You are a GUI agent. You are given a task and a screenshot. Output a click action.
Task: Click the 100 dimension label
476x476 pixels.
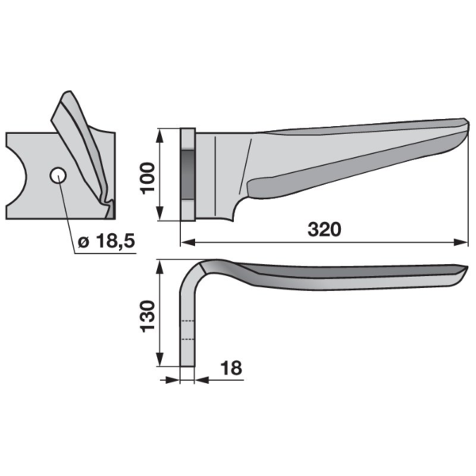pyautogui.click(x=148, y=178)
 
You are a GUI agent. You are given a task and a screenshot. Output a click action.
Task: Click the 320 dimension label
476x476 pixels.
pyautogui.click(x=324, y=229)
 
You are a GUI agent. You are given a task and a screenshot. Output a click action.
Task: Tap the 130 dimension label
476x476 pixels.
pyautogui.click(x=148, y=316)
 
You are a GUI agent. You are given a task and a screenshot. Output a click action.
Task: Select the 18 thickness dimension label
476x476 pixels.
pyautogui.click(x=232, y=368)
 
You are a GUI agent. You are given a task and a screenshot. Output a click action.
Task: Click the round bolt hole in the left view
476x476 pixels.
pyautogui.click(x=58, y=175)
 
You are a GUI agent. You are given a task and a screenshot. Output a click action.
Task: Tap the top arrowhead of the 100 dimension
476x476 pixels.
pyautogui.click(x=160, y=136)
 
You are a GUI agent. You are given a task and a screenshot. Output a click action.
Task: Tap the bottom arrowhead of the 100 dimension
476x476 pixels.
pyautogui.click(x=160, y=213)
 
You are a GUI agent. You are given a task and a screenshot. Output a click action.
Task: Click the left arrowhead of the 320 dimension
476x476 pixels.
pyautogui.click(x=188, y=242)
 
